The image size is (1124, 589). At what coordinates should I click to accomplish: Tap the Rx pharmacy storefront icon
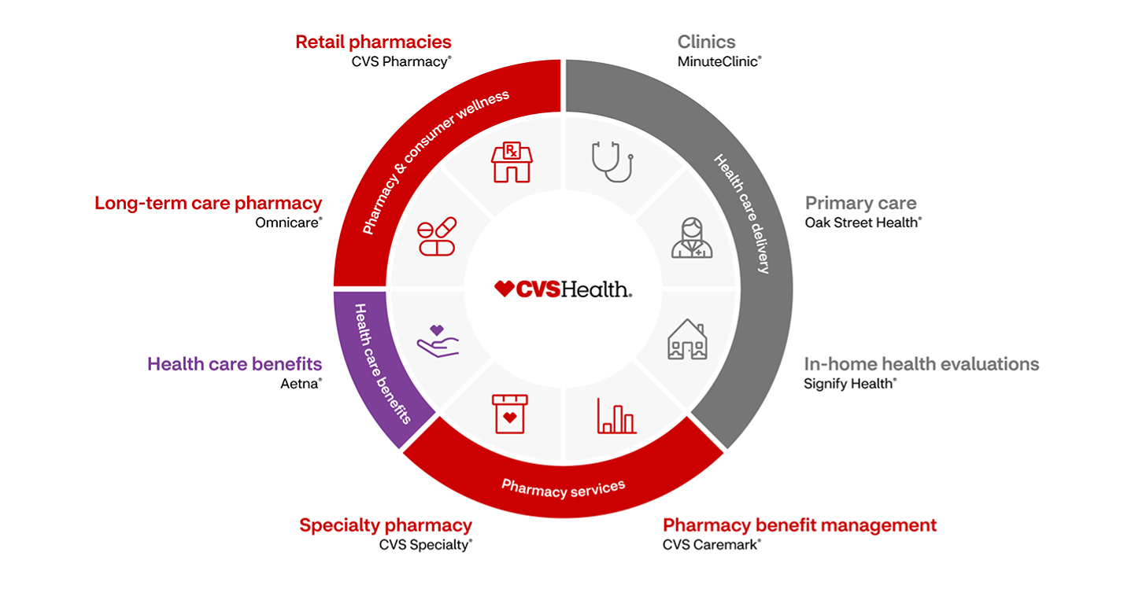click(x=512, y=162)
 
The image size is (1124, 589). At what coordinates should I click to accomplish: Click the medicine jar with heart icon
click(x=509, y=414)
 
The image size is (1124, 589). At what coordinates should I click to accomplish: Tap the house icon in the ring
click(x=687, y=340)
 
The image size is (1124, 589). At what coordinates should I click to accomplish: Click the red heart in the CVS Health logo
click(x=504, y=289)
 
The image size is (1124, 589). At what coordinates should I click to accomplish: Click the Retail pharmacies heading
click(x=373, y=42)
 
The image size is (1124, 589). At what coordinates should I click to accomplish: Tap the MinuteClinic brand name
click(x=719, y=61)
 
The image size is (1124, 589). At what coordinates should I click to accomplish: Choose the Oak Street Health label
click(x=862, y=223)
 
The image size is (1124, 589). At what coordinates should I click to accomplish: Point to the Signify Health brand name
click(x=849, y=384)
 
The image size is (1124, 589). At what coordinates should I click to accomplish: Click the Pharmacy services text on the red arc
click(x=564, y=488)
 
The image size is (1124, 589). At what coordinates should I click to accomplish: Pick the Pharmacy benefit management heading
click(x=800, y=525)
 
